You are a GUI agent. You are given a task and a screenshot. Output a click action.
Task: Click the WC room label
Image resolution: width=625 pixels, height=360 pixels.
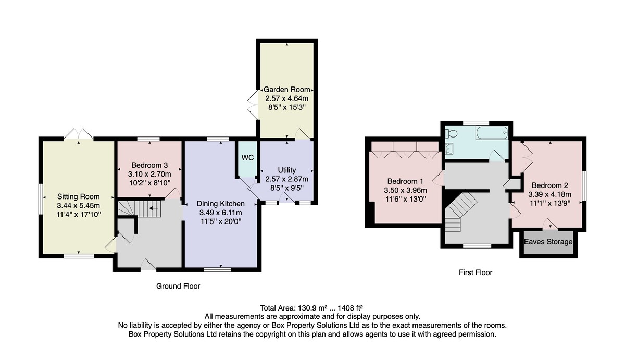tap(247, 158)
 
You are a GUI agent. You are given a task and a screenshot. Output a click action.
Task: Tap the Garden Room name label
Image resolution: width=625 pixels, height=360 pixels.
tap(287, 90)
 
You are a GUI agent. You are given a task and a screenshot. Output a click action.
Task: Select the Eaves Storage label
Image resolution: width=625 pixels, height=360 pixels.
tap(548, 242)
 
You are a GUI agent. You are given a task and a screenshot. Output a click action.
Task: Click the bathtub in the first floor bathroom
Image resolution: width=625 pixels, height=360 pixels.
tap(492, 133)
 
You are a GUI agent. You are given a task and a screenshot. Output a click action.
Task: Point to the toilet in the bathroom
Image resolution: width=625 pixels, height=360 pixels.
tap(451, 134)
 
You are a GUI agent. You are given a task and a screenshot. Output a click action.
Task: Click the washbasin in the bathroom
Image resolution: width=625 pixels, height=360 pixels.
tap(449, 149)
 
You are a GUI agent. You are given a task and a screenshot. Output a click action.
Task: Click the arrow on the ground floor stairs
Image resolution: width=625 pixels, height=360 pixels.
tap(154, 208)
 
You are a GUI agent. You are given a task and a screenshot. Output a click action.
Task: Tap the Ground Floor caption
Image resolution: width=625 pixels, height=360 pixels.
tap(178, 286)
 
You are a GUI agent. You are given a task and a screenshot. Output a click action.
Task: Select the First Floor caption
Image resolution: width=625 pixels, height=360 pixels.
tap(476, 272)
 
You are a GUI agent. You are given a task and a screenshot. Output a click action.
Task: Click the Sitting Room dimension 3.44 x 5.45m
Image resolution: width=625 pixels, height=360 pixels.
tap(79, 206)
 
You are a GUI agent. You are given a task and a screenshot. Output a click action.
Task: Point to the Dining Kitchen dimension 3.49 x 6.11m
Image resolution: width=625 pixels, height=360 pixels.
tap(220, 213)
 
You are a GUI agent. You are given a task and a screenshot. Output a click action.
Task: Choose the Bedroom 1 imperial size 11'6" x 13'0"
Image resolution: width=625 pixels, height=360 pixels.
tap(405, 199)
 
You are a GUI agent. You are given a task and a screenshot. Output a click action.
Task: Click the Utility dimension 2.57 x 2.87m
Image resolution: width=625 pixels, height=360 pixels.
tap(287, 179)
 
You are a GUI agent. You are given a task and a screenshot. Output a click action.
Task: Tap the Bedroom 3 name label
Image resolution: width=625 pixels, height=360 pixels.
tap(149, 165)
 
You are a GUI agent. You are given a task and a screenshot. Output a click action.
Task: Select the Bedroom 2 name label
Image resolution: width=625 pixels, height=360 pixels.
tap(549, 185)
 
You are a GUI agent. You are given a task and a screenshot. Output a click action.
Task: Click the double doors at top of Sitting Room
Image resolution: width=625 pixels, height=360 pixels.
tap(79, 134)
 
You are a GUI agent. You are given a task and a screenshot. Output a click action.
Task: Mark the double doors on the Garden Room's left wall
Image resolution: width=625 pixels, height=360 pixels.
tap(253, 105)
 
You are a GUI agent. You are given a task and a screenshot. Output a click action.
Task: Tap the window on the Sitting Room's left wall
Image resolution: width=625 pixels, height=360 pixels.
tap(41, 198)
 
